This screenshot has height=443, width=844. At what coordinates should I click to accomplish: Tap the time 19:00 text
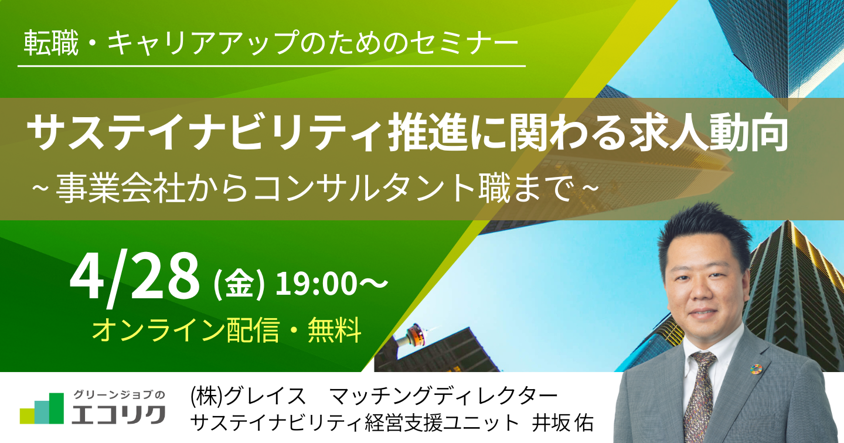click(316, 284)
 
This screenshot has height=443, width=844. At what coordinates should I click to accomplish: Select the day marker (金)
click(239, 285)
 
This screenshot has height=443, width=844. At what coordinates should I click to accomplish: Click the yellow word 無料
click(335, 330)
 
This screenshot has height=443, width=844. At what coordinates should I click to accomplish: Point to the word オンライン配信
click(185, 330)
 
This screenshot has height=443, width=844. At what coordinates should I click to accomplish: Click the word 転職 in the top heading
click(51, 43)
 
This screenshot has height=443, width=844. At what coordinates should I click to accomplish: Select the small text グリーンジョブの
click(119, 394)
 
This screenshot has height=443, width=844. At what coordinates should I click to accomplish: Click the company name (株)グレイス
click(247, 396)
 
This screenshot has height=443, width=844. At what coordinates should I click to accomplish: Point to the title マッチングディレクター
click(443, 396)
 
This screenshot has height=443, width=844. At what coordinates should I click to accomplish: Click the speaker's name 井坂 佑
click(563, 423)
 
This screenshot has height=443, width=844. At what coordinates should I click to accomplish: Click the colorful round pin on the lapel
click(754, 369)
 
